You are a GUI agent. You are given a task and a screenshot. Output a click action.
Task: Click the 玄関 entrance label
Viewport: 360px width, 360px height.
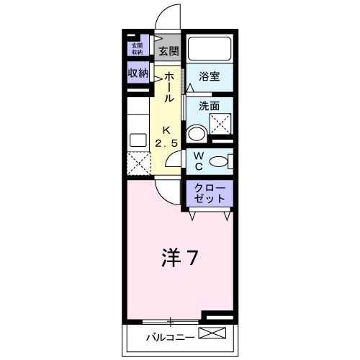click(x=168, y=51)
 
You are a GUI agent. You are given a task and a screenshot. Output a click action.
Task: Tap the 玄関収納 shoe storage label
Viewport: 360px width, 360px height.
click(x=137, y=48)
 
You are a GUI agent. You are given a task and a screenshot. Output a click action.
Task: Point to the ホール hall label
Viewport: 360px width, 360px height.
click(x=168, y=86)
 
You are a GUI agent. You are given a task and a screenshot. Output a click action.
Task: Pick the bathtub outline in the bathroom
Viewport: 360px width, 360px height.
click(x=210, y=49)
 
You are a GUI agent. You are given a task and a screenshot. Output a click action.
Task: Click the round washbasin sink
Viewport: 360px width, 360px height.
click(x=196, y=134)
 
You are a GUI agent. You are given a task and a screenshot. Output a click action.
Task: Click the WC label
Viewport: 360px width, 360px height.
click(x=201, y=161)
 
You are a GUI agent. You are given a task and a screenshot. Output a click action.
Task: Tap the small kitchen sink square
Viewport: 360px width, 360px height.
click(x=138, y=139)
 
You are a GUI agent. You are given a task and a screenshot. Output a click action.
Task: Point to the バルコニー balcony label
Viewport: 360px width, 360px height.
click(x=167, y=336)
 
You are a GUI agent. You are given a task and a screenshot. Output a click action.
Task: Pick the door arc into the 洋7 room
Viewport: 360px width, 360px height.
click(x=164, y=189)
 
